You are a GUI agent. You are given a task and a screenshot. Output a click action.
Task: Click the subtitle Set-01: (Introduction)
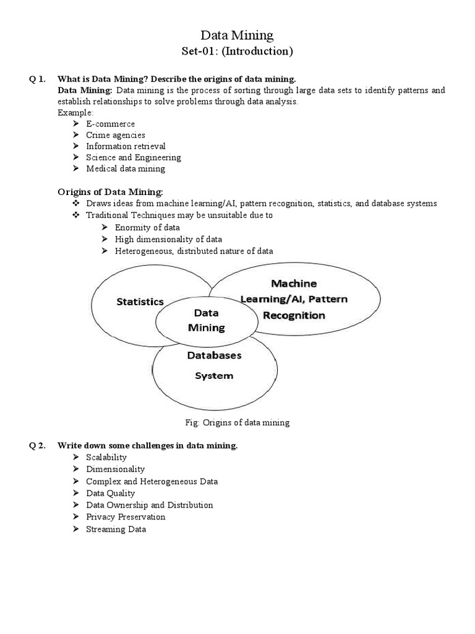(237, 51)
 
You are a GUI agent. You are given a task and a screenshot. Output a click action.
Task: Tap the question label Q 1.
(38, 79)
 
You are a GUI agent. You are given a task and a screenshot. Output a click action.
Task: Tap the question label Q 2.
(38, 446)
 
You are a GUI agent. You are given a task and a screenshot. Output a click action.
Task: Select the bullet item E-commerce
(110, 124)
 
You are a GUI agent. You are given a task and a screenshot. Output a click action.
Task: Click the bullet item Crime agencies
(116, 135)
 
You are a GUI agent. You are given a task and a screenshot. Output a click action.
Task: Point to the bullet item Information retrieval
(126, 146)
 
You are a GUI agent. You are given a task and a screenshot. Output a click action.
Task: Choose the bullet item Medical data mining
(126, 168)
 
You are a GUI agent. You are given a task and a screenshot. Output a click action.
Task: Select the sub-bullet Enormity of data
(147, 228)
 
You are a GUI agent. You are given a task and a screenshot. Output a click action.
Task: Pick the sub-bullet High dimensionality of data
(168, 239)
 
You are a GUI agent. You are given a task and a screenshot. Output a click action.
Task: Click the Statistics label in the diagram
(140, 302)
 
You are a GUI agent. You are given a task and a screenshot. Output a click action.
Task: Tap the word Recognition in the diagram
(294, 315)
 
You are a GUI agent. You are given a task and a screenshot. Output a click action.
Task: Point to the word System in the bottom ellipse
(214, 375)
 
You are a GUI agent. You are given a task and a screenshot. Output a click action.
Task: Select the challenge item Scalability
(106, 458)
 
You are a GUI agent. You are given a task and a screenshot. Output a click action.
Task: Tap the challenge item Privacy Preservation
(126, 517)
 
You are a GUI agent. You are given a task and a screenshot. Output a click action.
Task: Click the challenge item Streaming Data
(116, 530)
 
